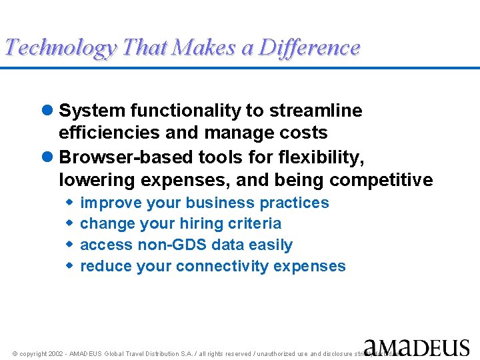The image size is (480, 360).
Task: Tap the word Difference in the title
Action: coord(309,48)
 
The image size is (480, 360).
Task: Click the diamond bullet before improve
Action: coord(69,203)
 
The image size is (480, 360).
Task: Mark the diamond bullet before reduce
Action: coord(69,266)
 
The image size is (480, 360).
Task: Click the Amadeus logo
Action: coord(417,347)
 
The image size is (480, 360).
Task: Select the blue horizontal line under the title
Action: coord(240,67)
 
